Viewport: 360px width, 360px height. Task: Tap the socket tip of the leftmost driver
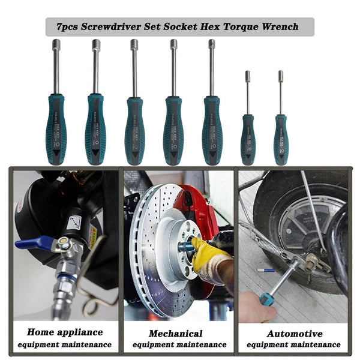coord(56,44)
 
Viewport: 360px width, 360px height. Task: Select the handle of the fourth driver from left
coord(173,130)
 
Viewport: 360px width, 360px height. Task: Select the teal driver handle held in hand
coord(267,298)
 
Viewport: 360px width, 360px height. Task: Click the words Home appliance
coord(65,332)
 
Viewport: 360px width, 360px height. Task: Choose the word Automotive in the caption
coord(294,333)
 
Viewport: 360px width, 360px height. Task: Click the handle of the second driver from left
coord(95,129)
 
